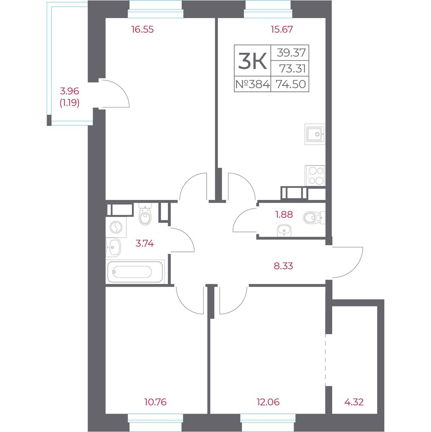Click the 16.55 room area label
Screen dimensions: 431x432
coord(142,29)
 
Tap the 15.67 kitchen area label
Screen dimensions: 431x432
coord(282,29)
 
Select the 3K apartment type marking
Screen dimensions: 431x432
coord(252,61)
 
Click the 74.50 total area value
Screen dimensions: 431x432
coord(291,84)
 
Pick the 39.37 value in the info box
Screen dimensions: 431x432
coord(291,52)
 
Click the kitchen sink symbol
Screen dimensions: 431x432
coord(315,134)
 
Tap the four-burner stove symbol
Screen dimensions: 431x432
coord(315,176)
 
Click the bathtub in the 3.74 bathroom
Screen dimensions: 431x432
coord(135,272)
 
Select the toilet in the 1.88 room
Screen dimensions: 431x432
coord(314,217)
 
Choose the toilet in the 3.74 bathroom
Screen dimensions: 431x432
coord(145,214)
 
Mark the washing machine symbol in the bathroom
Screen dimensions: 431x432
coord(116,227)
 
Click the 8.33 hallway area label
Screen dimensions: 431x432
coord(283,266)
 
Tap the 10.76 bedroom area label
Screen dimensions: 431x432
coord(155,402)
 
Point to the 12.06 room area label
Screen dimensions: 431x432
coord(268,402)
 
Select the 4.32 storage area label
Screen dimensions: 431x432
coord(354,402)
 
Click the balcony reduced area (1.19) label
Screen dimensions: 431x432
coord(69,103)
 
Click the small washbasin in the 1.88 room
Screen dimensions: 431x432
coord(284,230)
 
